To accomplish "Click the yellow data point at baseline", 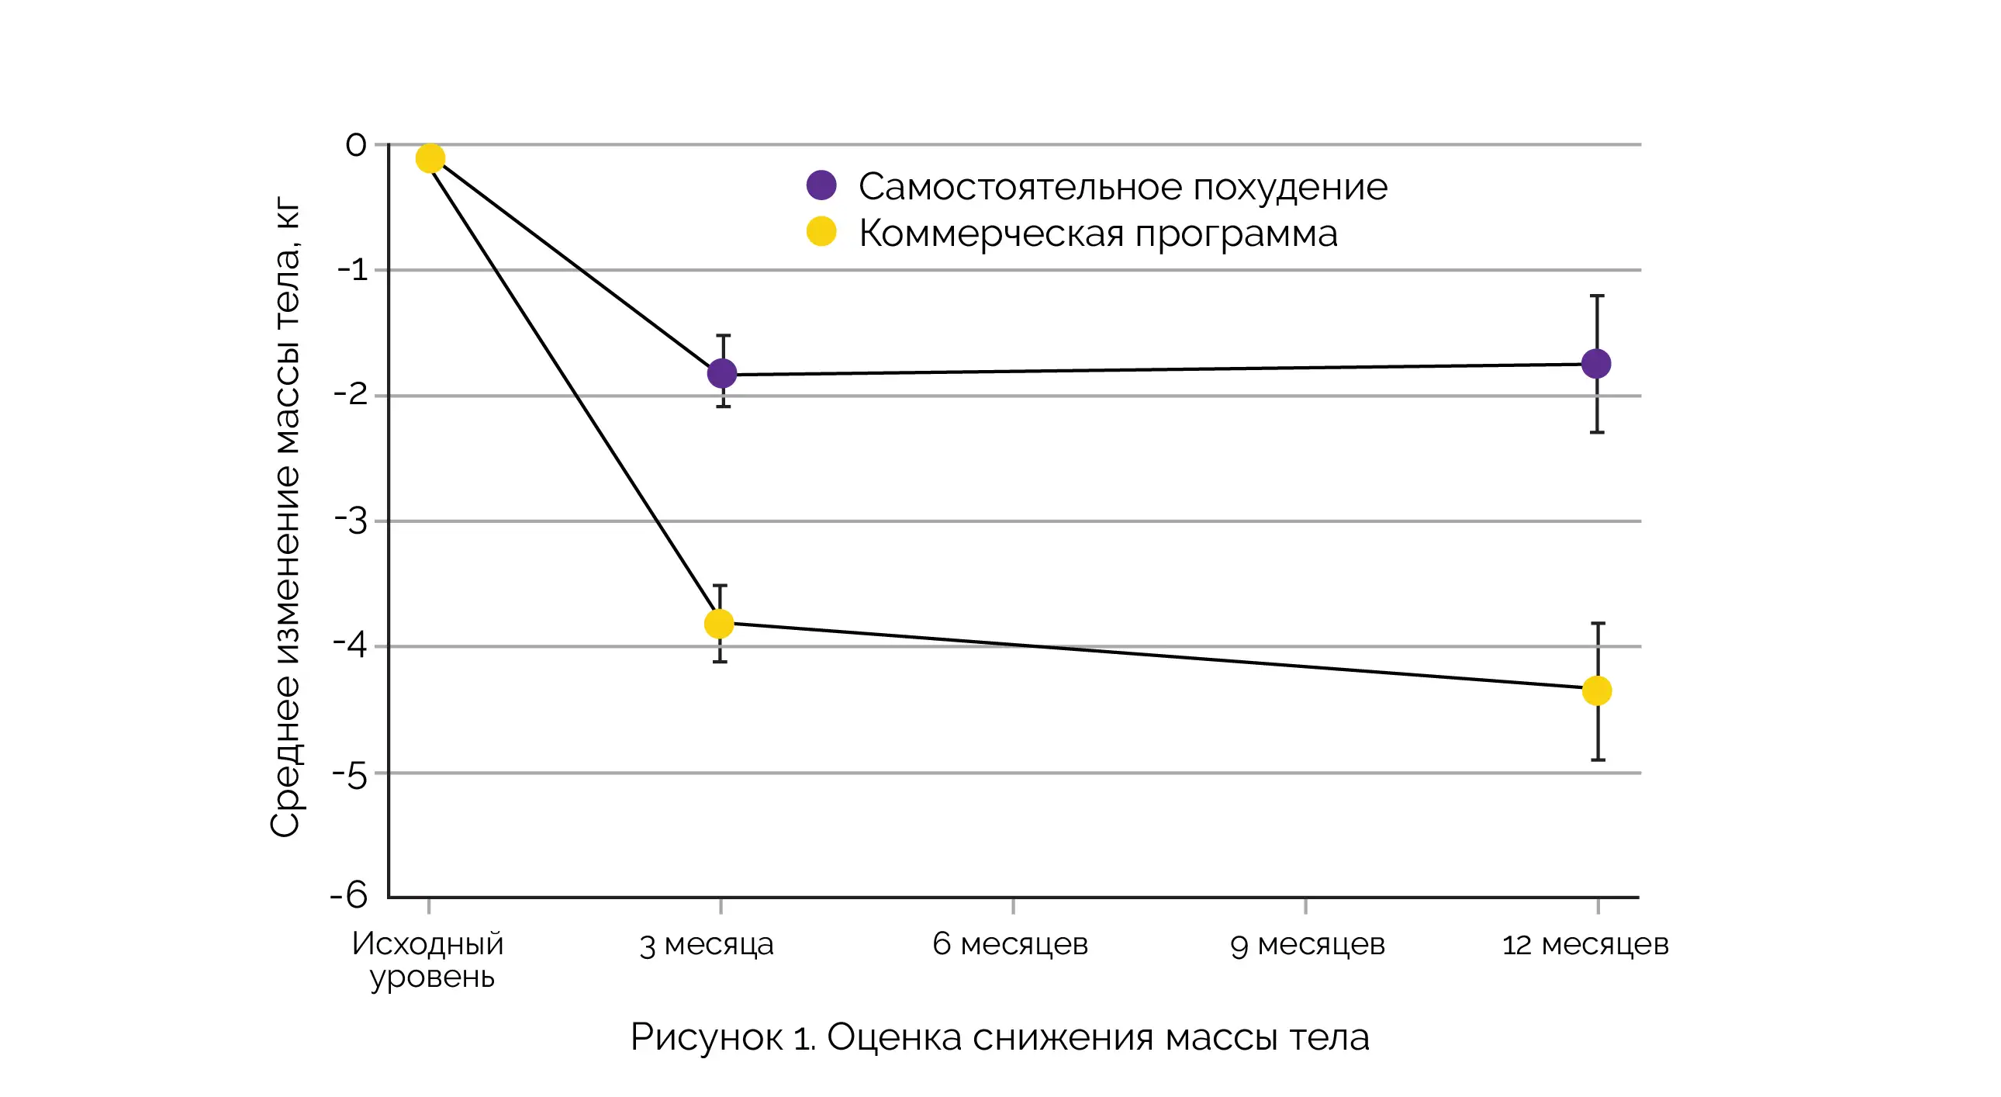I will click(430, 158).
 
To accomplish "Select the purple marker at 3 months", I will click(721, 373).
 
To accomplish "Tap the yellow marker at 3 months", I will click(718, 623).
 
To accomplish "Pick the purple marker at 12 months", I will click(1595, 363).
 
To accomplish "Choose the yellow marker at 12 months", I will click(1596, 690).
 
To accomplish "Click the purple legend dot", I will click(821, 185).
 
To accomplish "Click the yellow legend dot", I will click(821, 230).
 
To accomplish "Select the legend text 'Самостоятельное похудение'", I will click(1122, 187).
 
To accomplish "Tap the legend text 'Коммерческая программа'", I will click(1097, 234).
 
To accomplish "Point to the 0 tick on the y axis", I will click(356, 144).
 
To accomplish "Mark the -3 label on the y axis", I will click(351, 521).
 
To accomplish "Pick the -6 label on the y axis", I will click(349, 895).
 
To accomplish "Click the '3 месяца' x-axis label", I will click(706, 945).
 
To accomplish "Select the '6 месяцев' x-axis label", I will click(1010, 944).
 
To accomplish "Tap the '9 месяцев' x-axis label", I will click(1308, 945).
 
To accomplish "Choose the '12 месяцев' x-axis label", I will click(1585, 945).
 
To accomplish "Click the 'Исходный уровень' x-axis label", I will click(429, 960).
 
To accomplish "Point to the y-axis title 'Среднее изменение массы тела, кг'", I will click(285, 517).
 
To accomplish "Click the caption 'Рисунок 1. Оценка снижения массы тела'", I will click(1000, 1037).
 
